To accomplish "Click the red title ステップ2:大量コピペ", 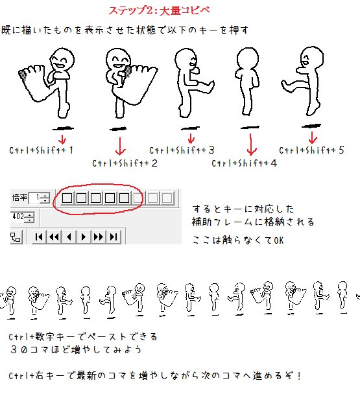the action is point(160,10).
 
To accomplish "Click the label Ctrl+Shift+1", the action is point(42,150).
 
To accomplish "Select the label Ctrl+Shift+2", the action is point(125,163).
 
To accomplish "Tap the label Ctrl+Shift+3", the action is point(182,150).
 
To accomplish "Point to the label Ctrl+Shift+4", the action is point(244,163).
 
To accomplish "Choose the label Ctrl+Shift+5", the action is point(311,150).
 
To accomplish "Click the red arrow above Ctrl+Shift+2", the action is point(120,146).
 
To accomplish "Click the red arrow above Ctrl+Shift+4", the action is point(251,145).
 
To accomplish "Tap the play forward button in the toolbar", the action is point(84,237).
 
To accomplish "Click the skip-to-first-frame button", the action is point(39,237).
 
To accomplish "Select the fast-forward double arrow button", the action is point(99,237).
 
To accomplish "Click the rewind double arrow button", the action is point(54,237).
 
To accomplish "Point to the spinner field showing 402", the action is point(22,217).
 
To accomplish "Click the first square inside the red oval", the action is point(67,198).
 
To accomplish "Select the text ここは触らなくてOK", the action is point(238,240).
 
